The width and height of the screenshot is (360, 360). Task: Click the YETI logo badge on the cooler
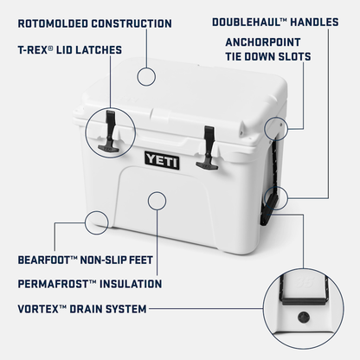(x=161, y=158)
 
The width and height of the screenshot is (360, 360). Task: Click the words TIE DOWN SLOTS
(x=267, y=56)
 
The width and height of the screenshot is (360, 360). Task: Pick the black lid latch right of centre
(x=209, y=146)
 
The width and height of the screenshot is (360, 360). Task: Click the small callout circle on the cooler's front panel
(x=157, y=202)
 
